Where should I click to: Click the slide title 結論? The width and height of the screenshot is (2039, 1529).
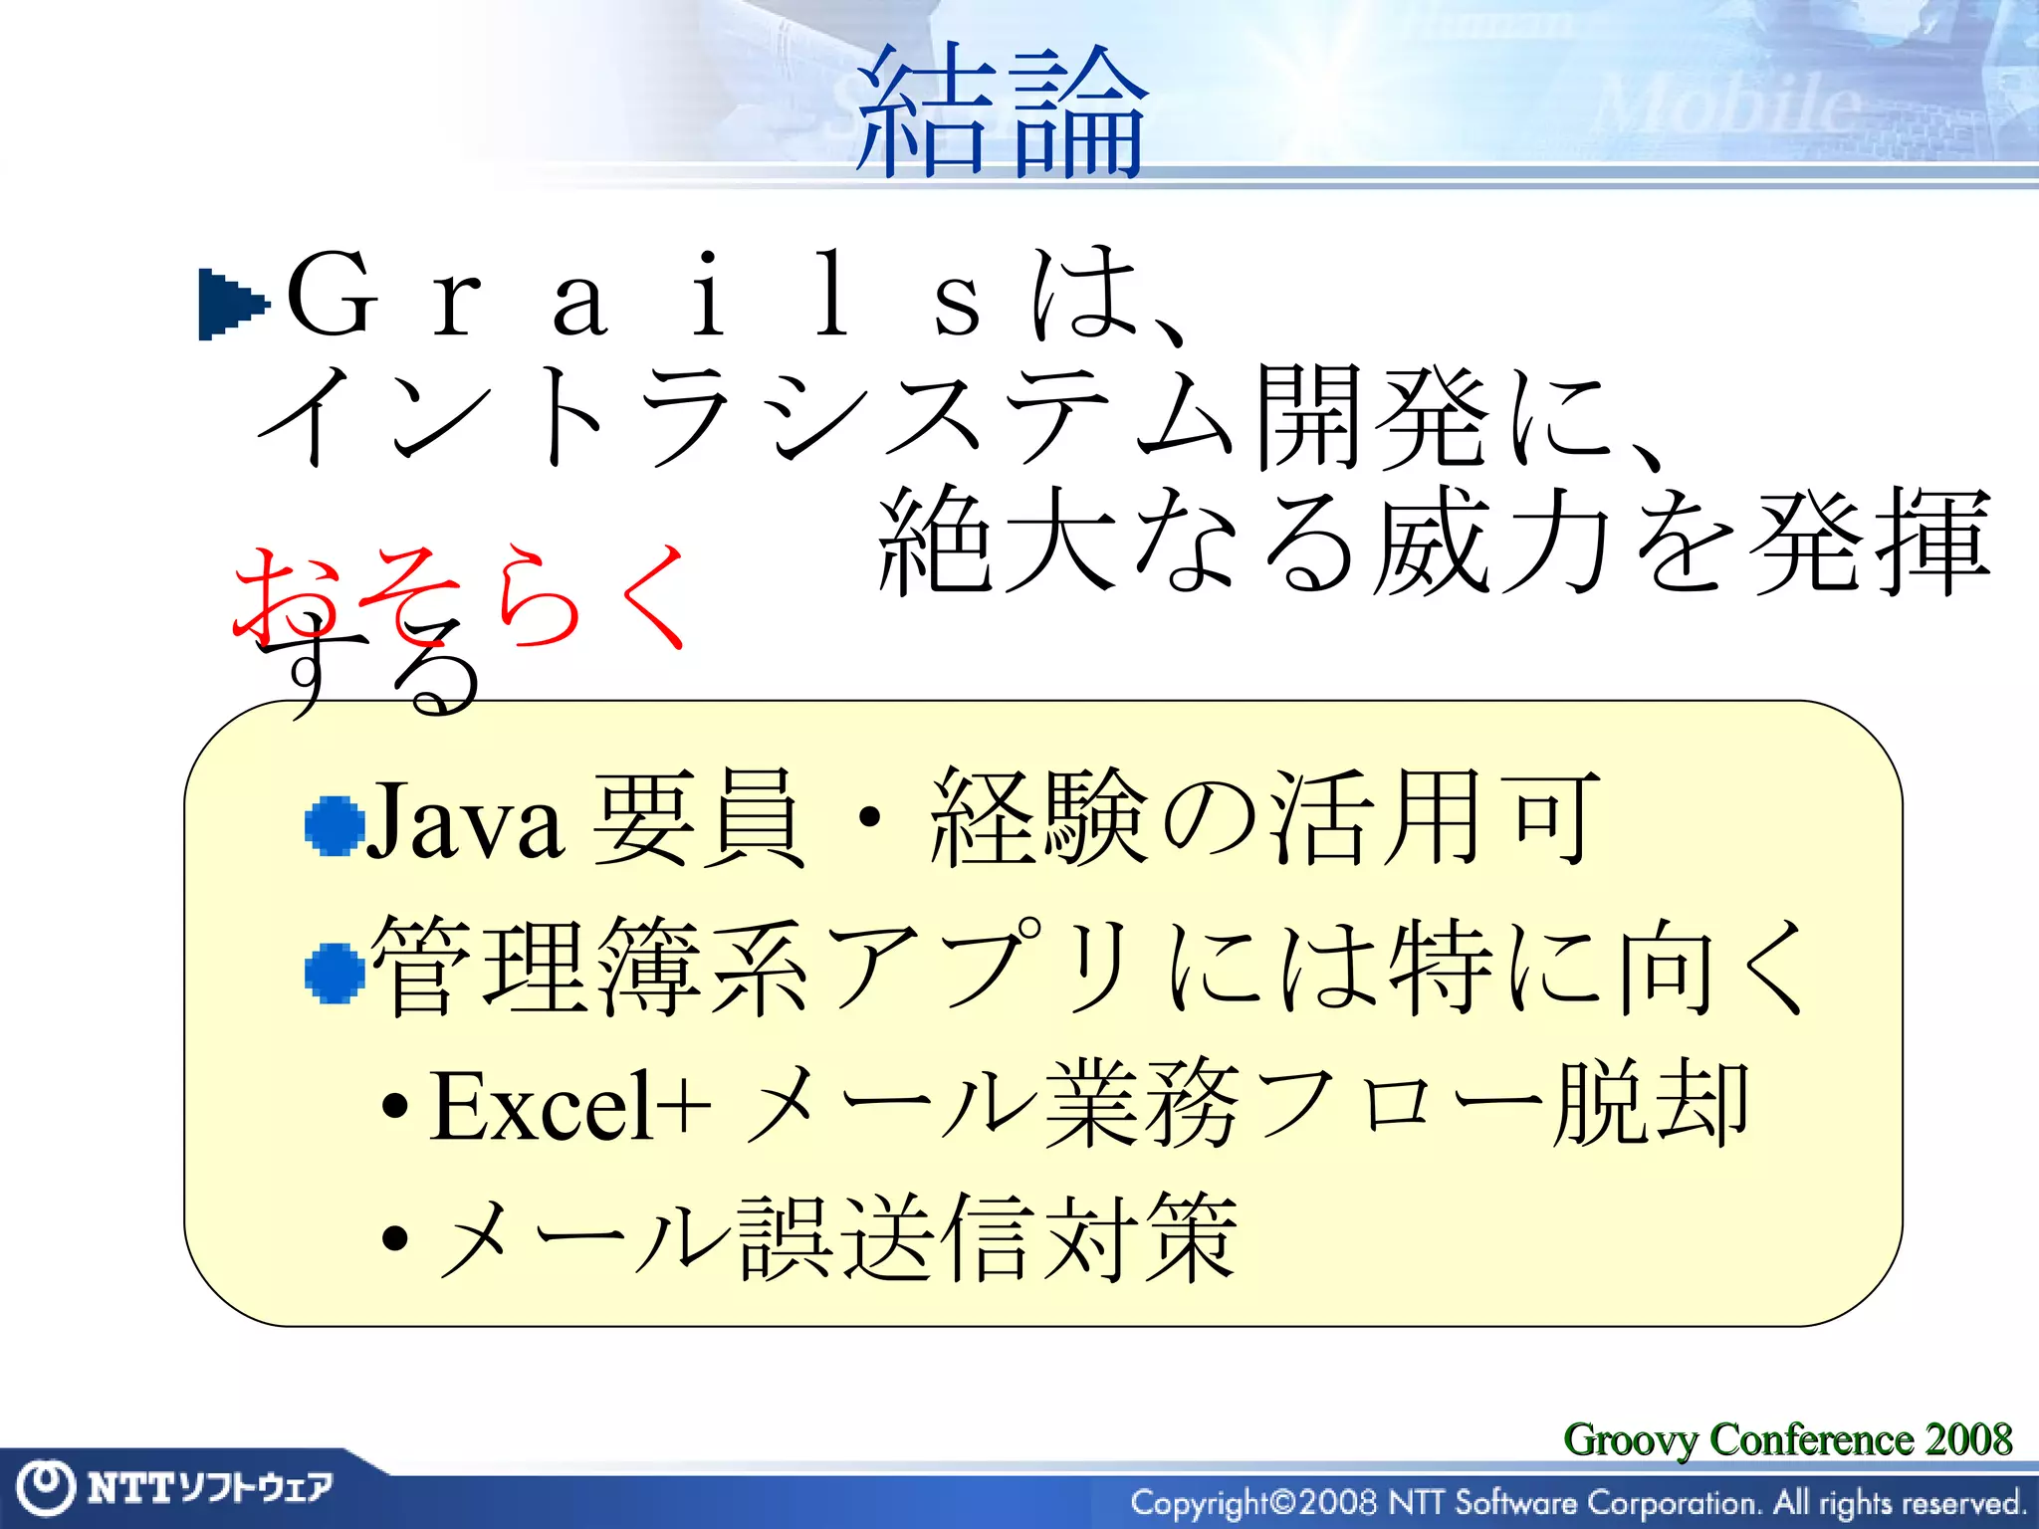tap(1001, 112)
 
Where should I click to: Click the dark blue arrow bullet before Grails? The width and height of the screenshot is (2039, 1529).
tap(232, 304)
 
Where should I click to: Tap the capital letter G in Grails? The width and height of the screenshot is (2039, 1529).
tap(332, 297)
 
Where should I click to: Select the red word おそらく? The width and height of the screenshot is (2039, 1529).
tap(460, 595)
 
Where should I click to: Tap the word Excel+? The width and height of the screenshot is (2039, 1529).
tap(570, 1106)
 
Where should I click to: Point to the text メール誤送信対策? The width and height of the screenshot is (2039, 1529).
tap(836, 1237)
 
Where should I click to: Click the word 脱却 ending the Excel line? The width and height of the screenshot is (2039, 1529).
tap(1651, 1104)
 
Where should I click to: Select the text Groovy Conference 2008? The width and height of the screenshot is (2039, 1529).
tap(1787, 1438)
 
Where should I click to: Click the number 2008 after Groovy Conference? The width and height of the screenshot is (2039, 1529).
tap(1968, 1438)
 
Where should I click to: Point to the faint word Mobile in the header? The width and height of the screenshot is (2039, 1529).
tap(1727, 105)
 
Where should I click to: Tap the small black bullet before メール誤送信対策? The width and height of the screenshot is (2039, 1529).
tap(395, 1238)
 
